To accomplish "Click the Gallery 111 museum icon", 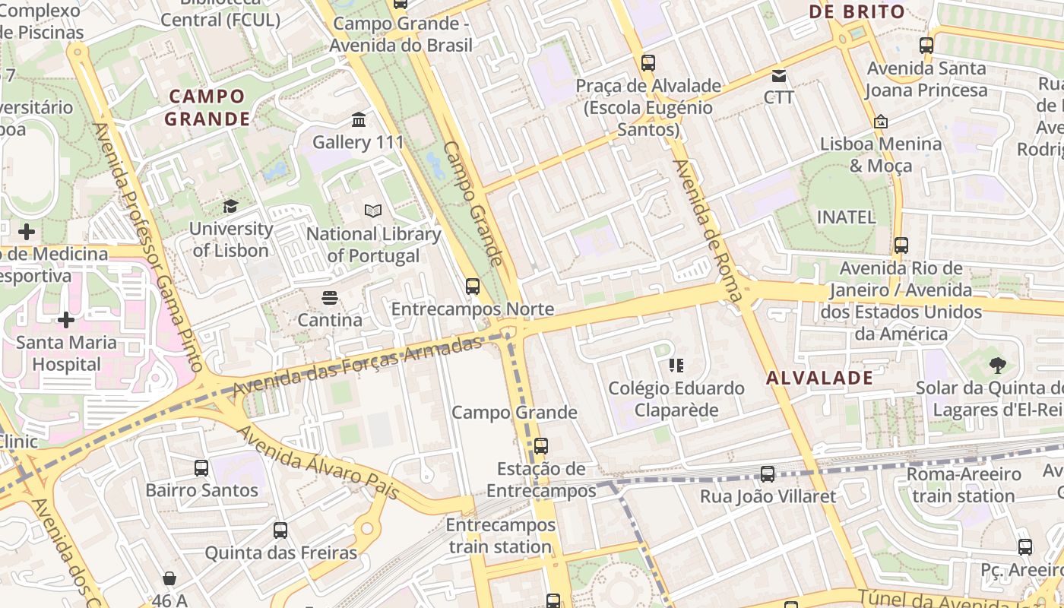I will point(359,119).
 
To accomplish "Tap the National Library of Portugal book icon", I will point(373,211).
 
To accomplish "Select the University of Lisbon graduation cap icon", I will point(230,206).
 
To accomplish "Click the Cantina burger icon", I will point(329,297).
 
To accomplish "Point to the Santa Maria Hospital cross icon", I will point(66,319).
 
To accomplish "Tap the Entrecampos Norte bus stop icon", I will point(473,287).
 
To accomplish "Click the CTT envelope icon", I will point(779,75).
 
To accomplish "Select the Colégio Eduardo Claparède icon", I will point(676,366).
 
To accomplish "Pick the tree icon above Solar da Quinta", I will point(998,366).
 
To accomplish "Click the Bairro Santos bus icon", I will point(201,467).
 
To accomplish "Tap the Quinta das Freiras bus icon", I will point(280,530).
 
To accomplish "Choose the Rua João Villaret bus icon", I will point(768,474).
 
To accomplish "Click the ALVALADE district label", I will point(819,378).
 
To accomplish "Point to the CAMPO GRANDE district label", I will point(207,108).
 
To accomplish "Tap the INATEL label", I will point(846,217).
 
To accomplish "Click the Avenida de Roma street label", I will point(707,231).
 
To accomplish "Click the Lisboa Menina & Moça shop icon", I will point(881,121).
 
